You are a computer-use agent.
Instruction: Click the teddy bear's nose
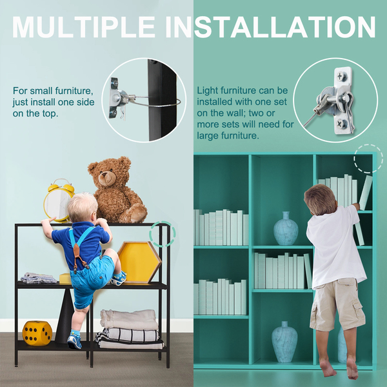(105, 175)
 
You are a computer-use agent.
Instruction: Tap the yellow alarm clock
(59, 201)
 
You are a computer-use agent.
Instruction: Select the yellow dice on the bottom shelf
(37, 333)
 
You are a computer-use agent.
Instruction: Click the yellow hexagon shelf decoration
(139, 262)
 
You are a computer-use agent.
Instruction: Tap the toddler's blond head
(83, 208)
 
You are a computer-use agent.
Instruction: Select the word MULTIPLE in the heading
(84, 27)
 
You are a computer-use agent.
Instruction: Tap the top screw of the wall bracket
(340, 76)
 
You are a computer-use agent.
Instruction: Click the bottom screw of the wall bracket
(341, 123)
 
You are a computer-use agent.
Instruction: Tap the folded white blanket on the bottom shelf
(129, 319)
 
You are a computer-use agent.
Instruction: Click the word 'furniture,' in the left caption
(74, 91)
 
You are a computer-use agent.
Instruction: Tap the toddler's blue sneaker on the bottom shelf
(74, 342)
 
